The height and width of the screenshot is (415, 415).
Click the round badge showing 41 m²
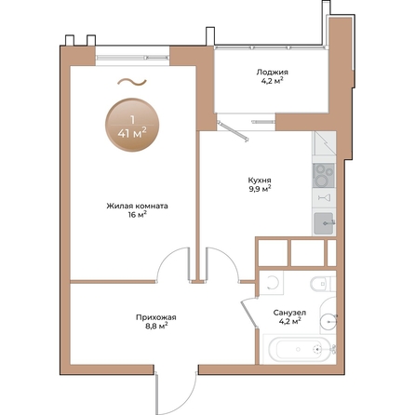pyautogui.click(x=131, y=126)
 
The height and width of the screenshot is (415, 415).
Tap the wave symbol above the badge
pyautogui.click(x=131, y=83)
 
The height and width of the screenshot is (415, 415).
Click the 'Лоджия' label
pyautogui.click(x=273, y=72)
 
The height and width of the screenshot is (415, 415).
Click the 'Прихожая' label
pyautogui.click(x=156, y=317)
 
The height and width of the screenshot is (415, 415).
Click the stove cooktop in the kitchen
pyautogui.click(x=324, y=174)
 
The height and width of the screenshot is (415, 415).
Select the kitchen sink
pyautogui.click(x=323, y=222)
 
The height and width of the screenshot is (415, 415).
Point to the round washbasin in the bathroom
pyautogui.click(x=327, y=321)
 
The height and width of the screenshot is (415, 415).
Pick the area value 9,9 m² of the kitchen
pyautogui.click(x=261, y=189)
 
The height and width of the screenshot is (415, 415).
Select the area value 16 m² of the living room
pyautogui.click(x=137, y=214)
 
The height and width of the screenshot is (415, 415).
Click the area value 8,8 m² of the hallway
pyautogui.click(x=156, y=327)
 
